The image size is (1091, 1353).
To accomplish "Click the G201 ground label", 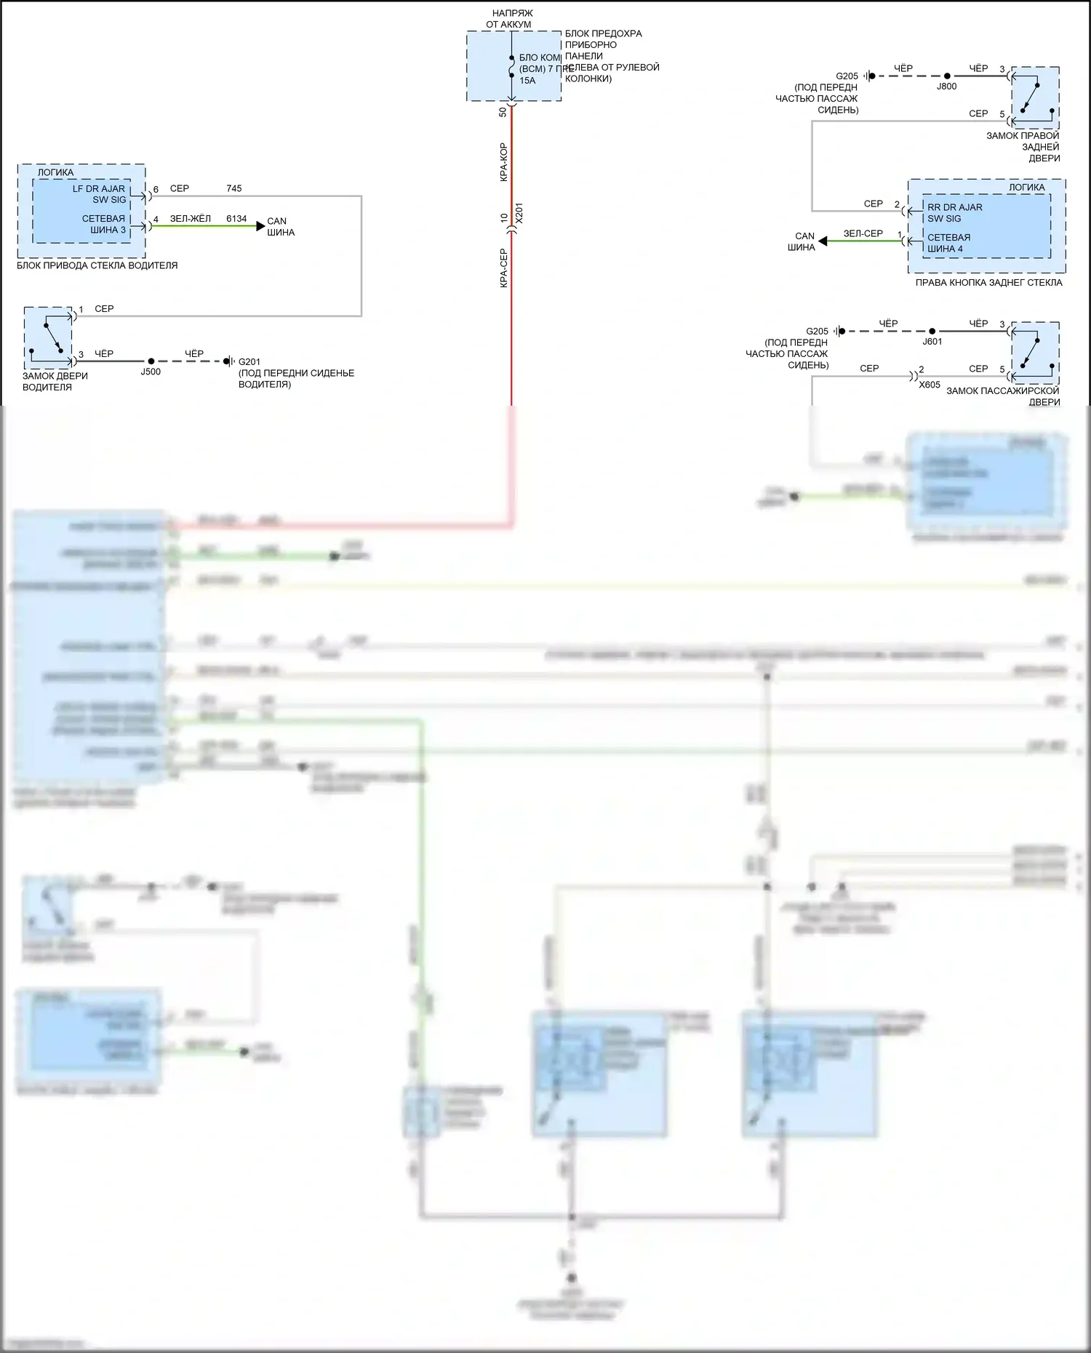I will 249,361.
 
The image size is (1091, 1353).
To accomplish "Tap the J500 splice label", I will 151,372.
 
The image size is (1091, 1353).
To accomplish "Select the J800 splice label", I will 946,87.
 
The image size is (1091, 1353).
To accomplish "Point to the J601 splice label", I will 932,342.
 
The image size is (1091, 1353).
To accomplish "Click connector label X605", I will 930,385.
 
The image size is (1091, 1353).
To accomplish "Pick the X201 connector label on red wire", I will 519,213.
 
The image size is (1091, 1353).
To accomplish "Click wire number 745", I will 233,188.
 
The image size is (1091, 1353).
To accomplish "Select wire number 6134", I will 236,219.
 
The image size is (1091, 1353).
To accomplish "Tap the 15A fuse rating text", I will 527,81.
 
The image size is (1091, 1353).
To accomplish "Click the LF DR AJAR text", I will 98,189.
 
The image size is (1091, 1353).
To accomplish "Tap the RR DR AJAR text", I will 954,207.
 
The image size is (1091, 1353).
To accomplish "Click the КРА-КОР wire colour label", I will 503,161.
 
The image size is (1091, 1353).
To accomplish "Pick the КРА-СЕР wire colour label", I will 503,268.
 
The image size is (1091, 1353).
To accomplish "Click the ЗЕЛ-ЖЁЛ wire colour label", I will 190,219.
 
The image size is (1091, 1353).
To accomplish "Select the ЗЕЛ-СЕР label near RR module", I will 863,234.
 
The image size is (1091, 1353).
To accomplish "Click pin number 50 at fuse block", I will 503,112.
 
